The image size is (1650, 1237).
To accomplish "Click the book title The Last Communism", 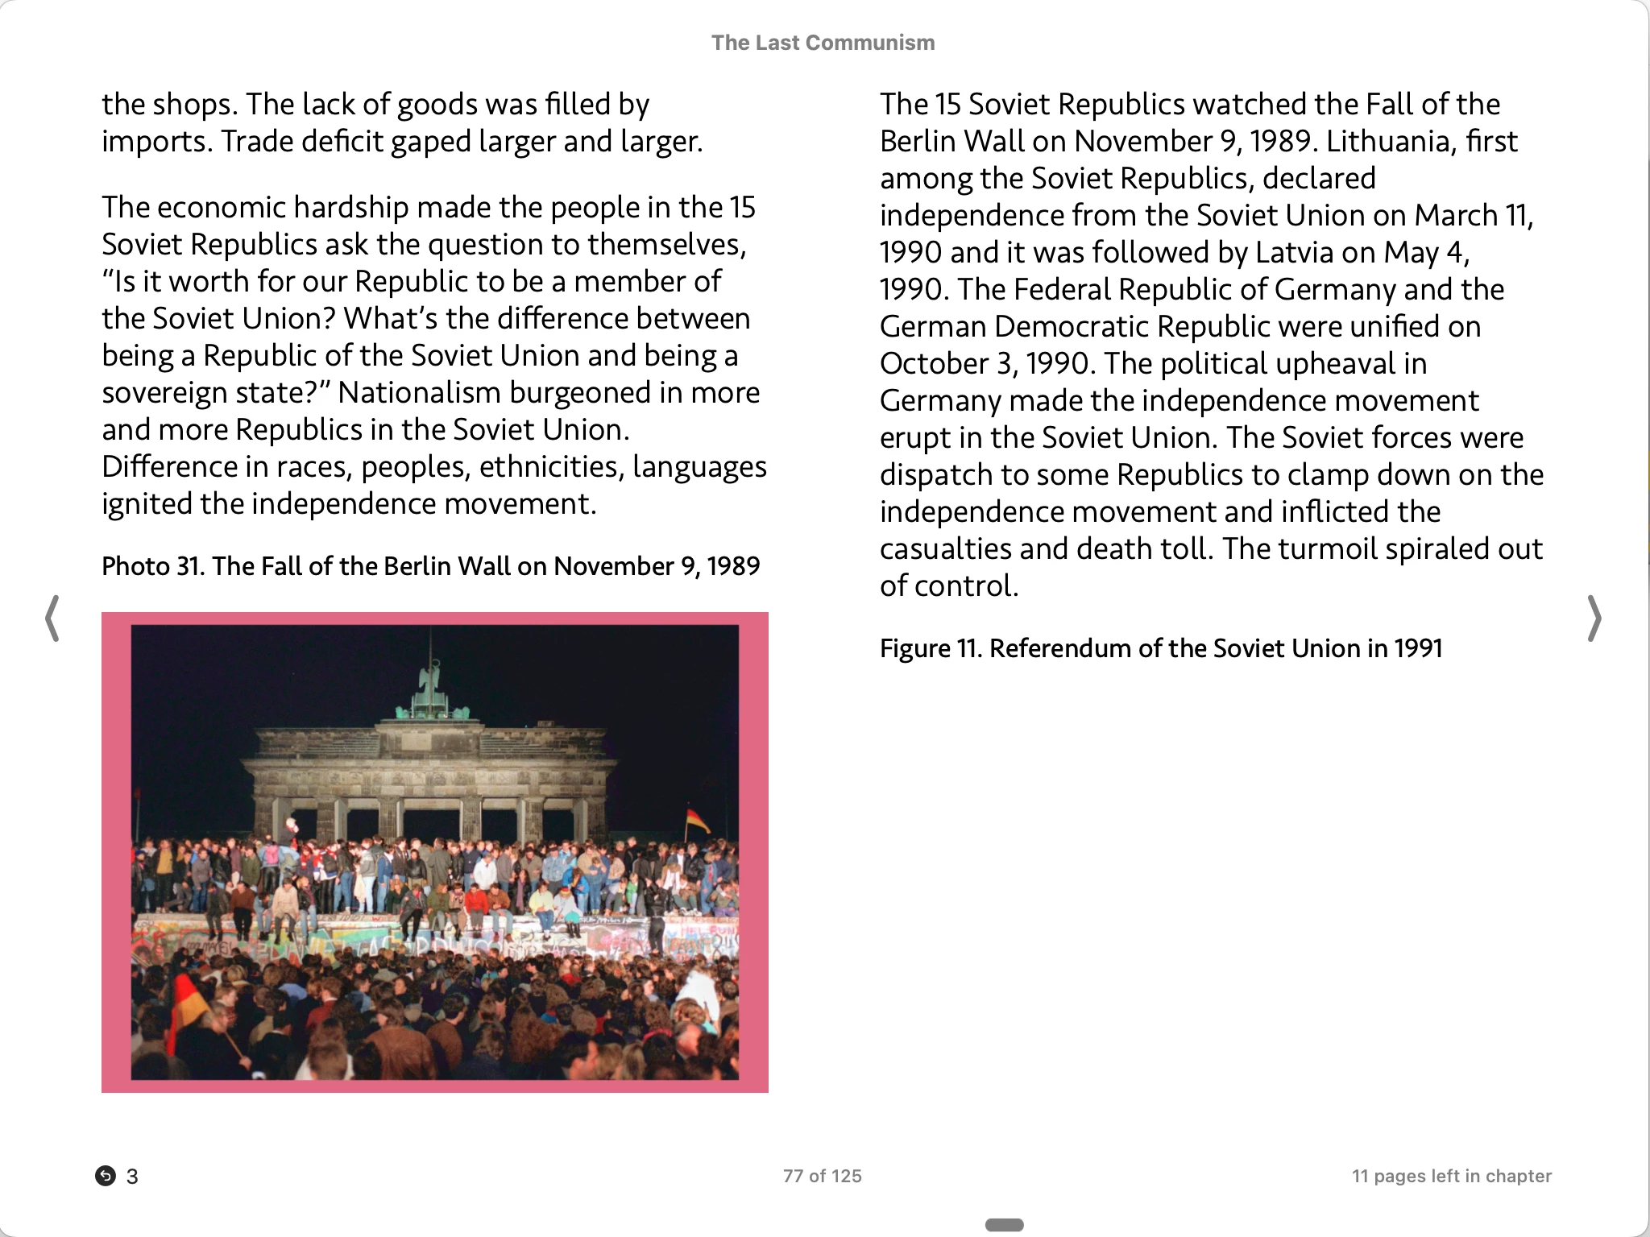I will click(x=823, y=43).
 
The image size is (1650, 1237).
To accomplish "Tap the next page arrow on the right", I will click(x=1594, y=618).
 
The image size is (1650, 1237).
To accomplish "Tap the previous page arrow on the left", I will click(x=52, y=618).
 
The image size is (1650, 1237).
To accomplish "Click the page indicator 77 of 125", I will click(x=822, y=1176).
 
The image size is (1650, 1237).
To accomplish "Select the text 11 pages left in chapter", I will click(x=1451, y=1176).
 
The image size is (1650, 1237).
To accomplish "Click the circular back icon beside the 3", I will click(x=106, y=1176).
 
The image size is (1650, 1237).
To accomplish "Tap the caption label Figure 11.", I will click(x=930, y=648).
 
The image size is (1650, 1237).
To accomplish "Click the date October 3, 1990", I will click(x=988, y=364).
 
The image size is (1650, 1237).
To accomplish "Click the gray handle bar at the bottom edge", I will click(x=1004, y=1225).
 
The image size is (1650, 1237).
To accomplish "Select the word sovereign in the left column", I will click(x=154, y=393).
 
